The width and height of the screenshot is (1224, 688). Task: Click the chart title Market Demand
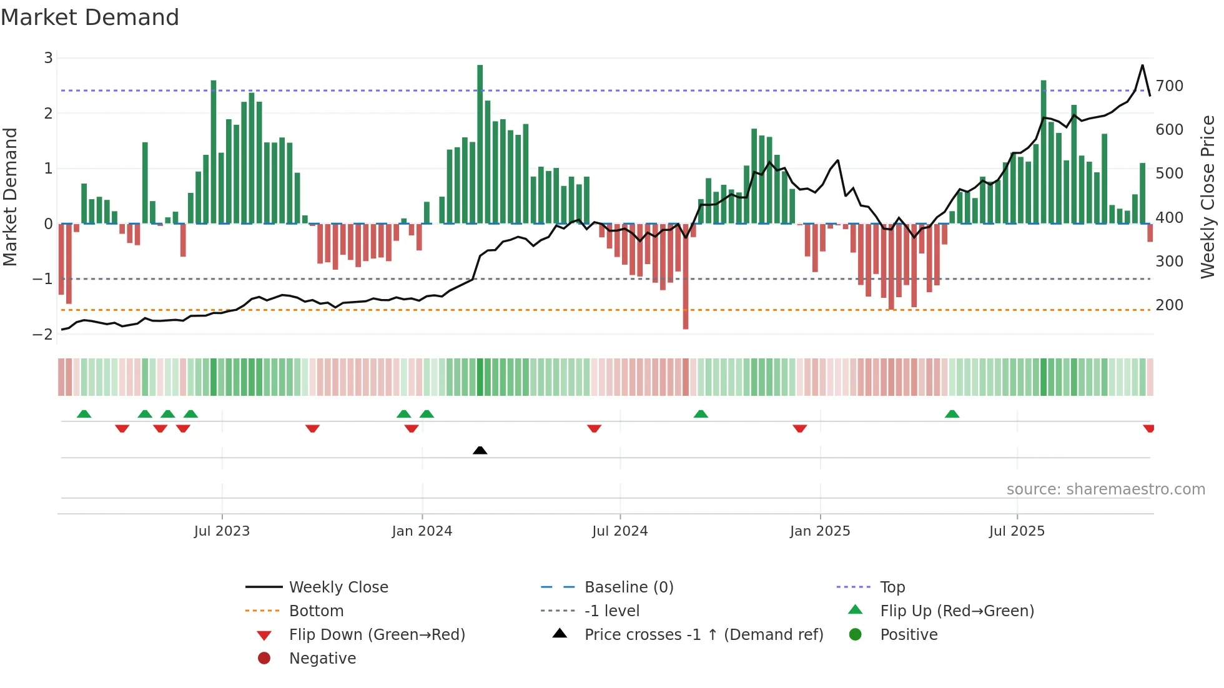(x=90, y=17)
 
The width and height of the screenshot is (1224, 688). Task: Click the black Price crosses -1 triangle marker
(x=480, y=450)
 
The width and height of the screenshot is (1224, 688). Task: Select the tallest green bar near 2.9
(x=480, y=144)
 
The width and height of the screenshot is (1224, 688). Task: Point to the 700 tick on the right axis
(x=1169, y=86)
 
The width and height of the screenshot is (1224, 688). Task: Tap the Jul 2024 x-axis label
(x=619, y=531)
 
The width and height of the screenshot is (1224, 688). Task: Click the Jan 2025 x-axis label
(x=819, y=531)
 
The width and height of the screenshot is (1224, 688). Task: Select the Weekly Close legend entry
(x=338, y=587)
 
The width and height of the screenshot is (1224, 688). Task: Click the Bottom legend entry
(x=316, y=611)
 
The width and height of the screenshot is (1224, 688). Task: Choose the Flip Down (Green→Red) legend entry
(x=377, y=635)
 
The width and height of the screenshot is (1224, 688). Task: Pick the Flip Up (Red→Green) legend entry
(x=957, y=611)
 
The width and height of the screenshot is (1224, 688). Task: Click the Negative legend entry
(x=322, y=659)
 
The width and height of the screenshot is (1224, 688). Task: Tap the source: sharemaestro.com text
(x=1105, y=489)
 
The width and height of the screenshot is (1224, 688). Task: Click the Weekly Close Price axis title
(x=1208, y=197)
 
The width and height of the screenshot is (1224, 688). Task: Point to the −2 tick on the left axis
(x=42, y=335)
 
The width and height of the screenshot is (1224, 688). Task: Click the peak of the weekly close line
(x=1142, y=66)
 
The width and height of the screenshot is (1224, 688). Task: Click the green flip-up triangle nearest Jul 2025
(x=952, y=414)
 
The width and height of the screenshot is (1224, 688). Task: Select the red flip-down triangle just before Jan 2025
(x=799, y=428)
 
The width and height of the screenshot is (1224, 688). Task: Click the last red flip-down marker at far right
(x=1148, y=428)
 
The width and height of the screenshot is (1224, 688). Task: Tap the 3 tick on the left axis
(x=48, y=58)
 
